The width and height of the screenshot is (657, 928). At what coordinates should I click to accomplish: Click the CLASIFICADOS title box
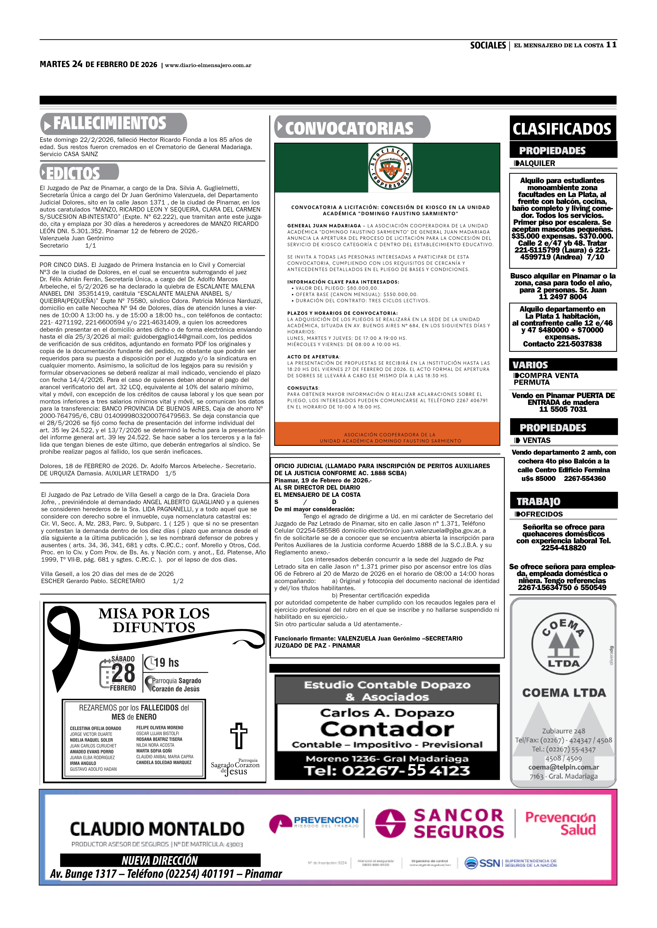pyautogui.click(x=562, y=129)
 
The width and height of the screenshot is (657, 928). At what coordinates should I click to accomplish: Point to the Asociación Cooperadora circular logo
pyautogui.click(x=390, y=168)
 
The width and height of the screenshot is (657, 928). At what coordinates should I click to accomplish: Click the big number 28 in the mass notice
pyautogui.click(x=123, y=673)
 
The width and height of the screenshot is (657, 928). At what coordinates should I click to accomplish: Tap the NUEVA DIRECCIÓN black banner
pyautogui.click(x=160, y=860)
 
